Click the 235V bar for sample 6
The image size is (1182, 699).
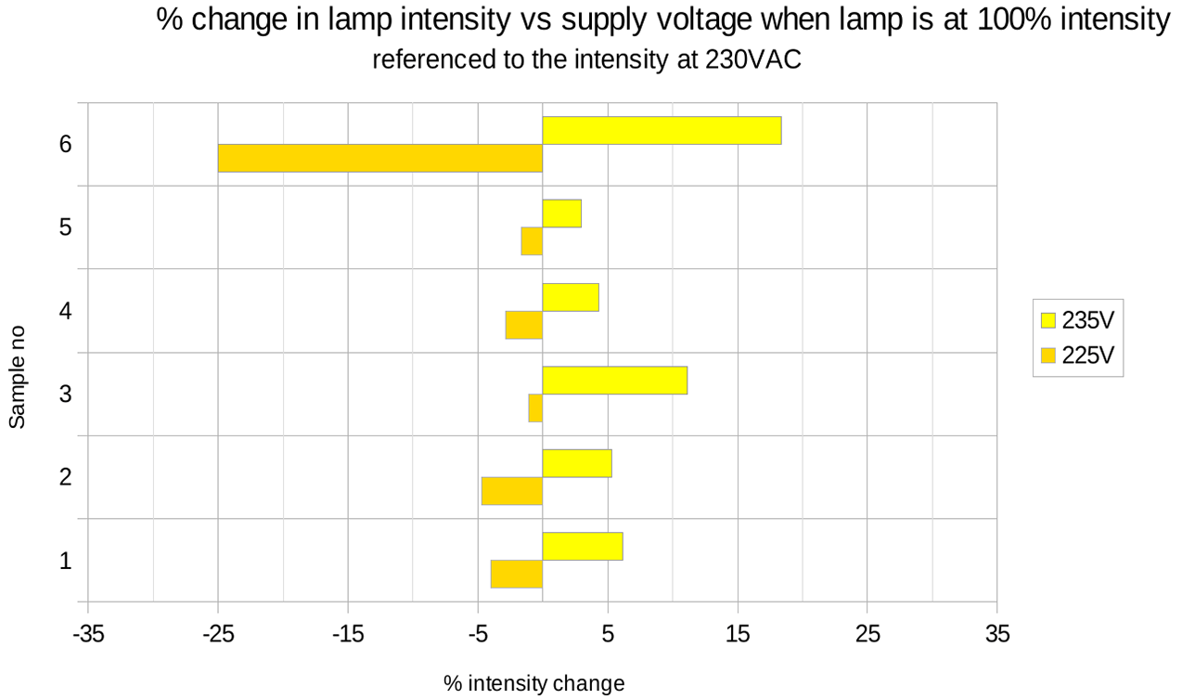coord(662,131)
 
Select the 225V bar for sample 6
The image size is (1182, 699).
coord(379,159)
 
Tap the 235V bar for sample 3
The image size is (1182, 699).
coord(614,381)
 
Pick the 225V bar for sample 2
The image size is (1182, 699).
coord(511,491)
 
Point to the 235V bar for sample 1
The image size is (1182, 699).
coord(582,547)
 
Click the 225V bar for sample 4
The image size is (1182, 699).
coord(523,325)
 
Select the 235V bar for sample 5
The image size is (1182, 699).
coord(561,214)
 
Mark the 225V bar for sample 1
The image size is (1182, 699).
coord(516,575)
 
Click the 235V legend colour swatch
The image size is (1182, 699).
coord(1048,321)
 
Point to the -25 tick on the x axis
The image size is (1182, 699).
coord(218,635)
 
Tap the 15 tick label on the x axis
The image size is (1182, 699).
coord(738,635)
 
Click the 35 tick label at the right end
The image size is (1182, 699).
coord(997,635)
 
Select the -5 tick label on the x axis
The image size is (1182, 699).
coord(478,635)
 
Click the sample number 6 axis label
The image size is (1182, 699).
coord(65,145)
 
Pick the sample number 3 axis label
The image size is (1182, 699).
coord(65,395)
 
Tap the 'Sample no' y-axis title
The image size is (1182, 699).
coord(18,377)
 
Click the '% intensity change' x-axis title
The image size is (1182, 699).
coord(533,684)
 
